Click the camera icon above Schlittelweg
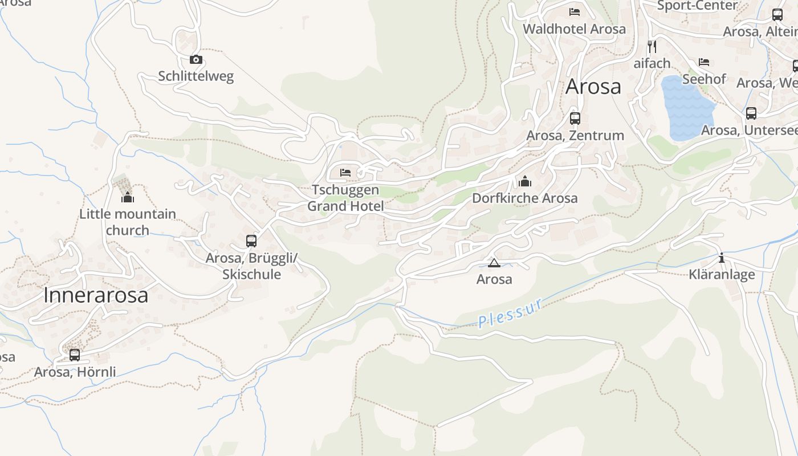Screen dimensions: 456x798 pos(196,59)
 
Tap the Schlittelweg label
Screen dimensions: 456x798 pos(196,76)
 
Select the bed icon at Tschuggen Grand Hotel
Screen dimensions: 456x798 pos(345,172)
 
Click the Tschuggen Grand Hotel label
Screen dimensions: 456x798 pos(345,198)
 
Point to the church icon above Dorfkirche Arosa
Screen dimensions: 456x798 pos(524,182)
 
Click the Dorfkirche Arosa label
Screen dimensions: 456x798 pos(524,198)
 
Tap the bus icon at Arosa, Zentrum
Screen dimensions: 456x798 pos(575,119)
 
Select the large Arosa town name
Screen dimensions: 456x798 pos(593,87)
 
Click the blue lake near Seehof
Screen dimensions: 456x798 pos(687,108)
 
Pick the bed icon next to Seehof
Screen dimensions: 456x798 pos(704,62)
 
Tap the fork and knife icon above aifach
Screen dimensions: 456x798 pos(652,46)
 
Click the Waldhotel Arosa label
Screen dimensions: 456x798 pos(574,28)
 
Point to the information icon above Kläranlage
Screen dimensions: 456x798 pos(722,258)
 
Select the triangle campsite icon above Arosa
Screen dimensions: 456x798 pos(494,263)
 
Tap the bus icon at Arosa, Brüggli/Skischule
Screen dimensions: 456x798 pos(251,241)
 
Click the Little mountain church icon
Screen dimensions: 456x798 pos(127,197)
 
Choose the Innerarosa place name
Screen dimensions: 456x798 pos(96,295)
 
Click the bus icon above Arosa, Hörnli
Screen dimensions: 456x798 pos(75,355)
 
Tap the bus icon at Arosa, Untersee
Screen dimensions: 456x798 pos(751,113)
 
